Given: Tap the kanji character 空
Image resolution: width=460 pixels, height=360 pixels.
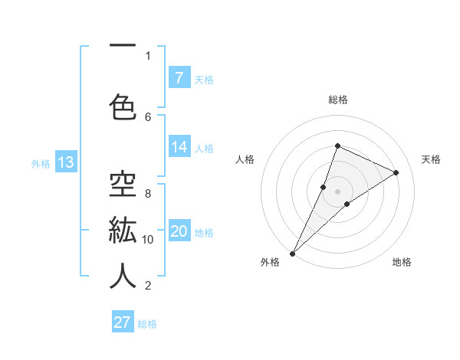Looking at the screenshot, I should point(123,184).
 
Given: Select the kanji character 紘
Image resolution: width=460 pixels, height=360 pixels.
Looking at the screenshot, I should point(123,230).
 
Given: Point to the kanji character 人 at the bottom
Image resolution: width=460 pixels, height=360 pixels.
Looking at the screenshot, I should point(123,276).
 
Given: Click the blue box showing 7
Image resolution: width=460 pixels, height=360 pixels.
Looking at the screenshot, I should point(179,77).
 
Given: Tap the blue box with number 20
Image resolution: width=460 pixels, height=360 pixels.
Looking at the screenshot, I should point(179,231).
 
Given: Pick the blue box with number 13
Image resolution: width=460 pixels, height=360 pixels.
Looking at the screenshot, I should point(65,162).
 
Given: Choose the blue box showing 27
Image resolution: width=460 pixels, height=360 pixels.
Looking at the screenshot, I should point(122,322).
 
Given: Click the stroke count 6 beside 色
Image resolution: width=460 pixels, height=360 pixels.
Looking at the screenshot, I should point(148,116).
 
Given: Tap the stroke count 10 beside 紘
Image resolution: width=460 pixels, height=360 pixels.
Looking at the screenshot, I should point(148,239).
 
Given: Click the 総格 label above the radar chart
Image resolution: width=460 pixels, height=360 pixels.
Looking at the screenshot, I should point(337,100).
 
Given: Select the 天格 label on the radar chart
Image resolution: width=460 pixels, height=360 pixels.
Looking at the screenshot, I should point(431,159).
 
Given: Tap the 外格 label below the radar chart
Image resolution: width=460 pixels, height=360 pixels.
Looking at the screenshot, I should point(270,262).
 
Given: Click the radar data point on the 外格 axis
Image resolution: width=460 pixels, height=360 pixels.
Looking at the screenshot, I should point(292,253).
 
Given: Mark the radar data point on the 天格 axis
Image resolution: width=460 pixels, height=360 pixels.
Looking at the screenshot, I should point(396,172).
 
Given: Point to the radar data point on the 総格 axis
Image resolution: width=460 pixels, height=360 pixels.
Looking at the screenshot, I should point(337,146).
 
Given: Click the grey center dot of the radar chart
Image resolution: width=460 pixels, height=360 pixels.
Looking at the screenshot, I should point(337,191).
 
